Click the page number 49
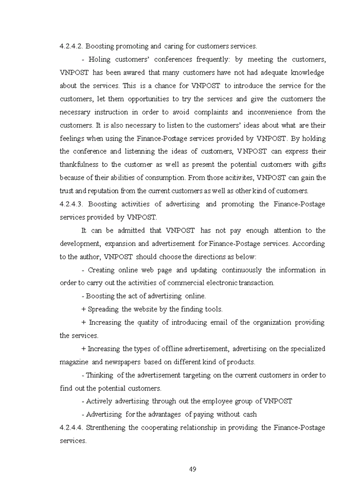193,469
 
